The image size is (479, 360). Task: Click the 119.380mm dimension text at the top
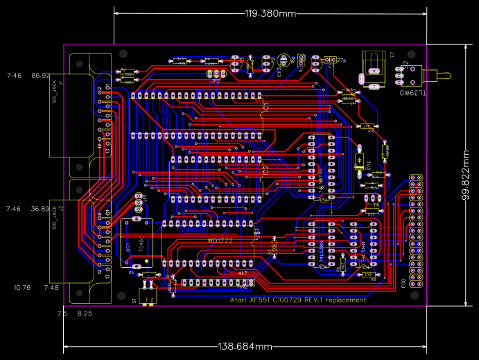point(270,13)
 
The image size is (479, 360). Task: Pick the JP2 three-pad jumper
point(216,74)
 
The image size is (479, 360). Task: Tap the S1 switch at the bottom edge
point(147,297)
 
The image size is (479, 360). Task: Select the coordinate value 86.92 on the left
point(41,76)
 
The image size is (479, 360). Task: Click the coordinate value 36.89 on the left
point(41,209)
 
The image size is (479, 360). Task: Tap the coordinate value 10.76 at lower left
point(22,287)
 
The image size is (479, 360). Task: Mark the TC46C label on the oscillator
point(141,243)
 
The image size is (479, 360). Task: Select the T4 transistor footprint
point(374,205)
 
